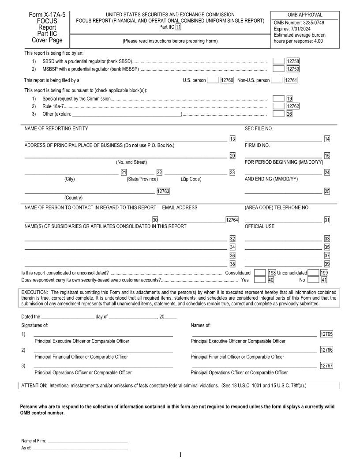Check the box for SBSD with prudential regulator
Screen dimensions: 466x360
278,61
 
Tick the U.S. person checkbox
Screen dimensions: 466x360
212,80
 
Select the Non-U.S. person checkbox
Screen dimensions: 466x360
276,80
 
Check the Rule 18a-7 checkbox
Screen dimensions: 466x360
278,106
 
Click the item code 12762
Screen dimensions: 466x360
293,106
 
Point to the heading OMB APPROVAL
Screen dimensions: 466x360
305,15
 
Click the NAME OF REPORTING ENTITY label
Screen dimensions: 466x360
56,128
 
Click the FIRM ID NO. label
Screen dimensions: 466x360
257,145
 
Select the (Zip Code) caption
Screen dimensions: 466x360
191,179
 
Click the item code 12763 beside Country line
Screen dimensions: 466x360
163,192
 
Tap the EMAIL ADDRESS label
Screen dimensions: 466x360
180,207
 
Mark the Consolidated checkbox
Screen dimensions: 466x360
260,273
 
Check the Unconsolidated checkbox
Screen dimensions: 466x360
313,273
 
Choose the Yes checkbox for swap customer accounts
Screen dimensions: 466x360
260,279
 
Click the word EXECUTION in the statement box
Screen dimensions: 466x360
35,292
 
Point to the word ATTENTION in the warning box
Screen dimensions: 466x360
34,386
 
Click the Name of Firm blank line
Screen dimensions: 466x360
88,441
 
